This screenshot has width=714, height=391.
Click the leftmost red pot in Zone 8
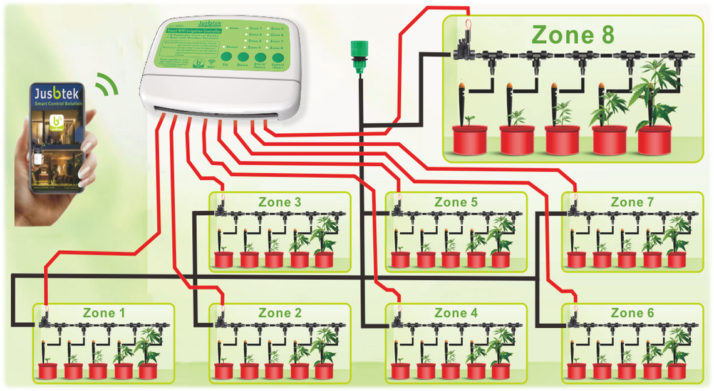[470, 140]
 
